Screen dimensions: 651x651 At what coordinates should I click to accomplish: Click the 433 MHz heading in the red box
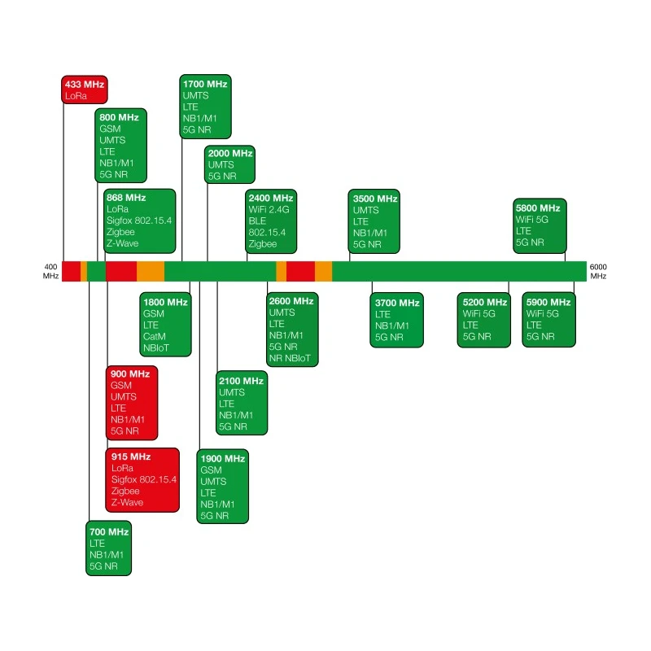(85, 85)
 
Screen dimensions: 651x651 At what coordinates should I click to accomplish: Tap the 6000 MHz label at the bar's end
(598, 272)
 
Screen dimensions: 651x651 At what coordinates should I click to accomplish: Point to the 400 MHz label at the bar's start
(50, 272)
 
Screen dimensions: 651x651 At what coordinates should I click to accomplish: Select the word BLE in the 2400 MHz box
(257, 221)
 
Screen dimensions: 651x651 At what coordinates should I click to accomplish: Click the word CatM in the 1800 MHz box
(155, 336)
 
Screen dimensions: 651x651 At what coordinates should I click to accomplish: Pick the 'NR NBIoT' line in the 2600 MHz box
(290, 358)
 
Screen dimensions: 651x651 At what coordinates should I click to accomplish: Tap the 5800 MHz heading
(538, 208)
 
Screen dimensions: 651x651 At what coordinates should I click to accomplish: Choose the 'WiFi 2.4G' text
(269, 210)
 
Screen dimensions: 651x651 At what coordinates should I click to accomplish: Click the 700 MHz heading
(109, 532)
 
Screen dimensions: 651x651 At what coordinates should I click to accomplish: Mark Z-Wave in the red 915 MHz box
(127, 502)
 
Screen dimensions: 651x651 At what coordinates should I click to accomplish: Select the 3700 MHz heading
(397, 303)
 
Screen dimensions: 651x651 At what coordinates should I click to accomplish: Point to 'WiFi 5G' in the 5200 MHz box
(479, 314)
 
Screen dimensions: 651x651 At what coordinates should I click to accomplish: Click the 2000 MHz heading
(230, 153)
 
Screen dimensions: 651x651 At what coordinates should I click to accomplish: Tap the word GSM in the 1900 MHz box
(211, 470)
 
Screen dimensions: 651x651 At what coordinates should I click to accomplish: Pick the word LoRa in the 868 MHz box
(117, 209)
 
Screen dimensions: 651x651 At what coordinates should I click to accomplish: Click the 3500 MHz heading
(375, 199)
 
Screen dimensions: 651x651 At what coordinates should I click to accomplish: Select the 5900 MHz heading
(548, 302)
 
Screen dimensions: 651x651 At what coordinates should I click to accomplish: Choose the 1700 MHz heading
(205, 84)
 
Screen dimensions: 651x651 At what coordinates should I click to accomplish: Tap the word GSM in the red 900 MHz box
(120, 385)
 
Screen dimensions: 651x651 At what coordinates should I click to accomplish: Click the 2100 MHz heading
(241, 381)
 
